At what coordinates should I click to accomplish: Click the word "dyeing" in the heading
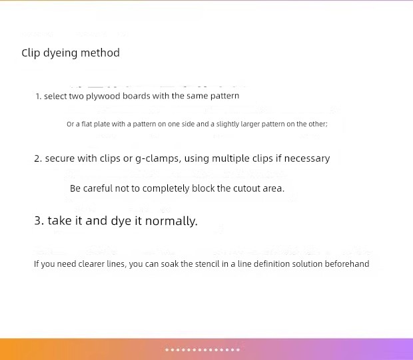click(x=61, y=53)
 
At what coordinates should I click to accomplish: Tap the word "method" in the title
click(x=100, y=53)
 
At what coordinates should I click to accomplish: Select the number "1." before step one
click(x=39, y=96)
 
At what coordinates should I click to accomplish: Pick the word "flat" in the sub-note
click(x=87, y=124)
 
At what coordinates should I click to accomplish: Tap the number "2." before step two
click(x=38, y=158)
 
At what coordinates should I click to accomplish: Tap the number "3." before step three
click(x=39, y=220)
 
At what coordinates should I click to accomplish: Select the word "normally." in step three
click(x=171, y=221)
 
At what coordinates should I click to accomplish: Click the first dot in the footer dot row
click(x=167, y=350)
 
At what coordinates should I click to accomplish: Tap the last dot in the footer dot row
click(x=238, y=350)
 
